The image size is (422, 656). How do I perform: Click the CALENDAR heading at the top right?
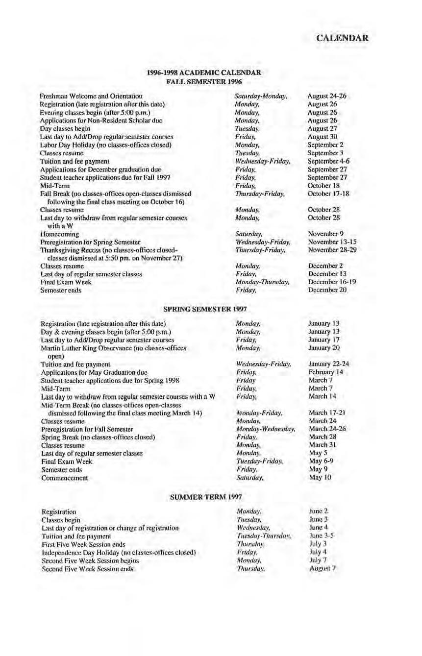tap(342, 38)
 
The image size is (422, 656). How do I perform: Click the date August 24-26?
tap(326, 97)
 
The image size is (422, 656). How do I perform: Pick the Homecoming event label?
tap(59, 234)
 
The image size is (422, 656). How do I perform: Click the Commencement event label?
tap(65, 478)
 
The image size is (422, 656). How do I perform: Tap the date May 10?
tap(320, 478)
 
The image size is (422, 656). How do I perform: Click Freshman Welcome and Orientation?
tap(92, 97)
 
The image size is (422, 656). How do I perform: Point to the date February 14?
tap(325, 372)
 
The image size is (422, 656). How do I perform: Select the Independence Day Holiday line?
tap(119, 553)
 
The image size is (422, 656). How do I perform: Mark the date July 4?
tap(315, 553)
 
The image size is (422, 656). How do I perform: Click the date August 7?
tap(323, 569)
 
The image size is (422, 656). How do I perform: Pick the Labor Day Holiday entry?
tap(105, 145)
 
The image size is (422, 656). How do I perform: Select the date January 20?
tap(324, 348)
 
